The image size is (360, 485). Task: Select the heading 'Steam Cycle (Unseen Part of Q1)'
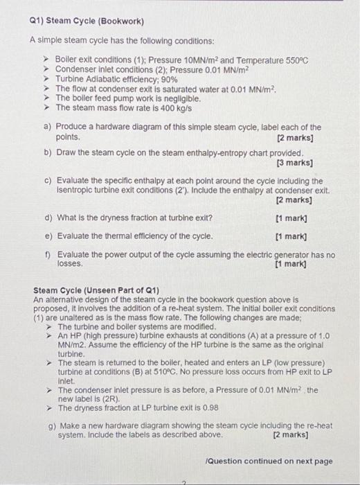96,289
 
